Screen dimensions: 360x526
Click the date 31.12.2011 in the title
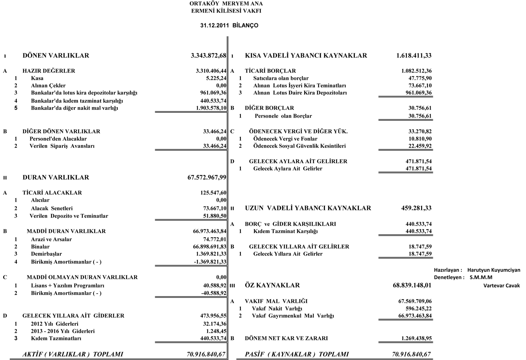tap(214, 25)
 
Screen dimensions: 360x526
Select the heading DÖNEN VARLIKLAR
tap(56, 56)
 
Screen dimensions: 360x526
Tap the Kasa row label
tap(37, 78)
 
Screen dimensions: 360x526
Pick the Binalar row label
tap(40, 247)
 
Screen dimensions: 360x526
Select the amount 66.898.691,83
tap(210, 247)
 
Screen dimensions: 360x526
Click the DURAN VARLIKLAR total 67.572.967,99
tap(207, 178)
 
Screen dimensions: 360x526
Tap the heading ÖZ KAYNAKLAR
tap(272, 286)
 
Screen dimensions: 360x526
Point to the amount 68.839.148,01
tap(412, 286)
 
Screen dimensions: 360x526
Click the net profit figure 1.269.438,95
tap(416, 339)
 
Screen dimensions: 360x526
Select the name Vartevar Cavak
tap(501, 286)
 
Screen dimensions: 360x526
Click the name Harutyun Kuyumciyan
tap(494, 270)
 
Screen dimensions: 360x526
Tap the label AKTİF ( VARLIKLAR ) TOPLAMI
tap(73, 354)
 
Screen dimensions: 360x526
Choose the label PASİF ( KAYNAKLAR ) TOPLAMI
tap(297, 354)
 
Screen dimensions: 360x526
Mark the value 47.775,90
tap(420, 78)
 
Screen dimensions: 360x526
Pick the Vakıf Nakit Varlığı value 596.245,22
tap(418, 309)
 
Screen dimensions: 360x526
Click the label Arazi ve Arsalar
tap(51, 239)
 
